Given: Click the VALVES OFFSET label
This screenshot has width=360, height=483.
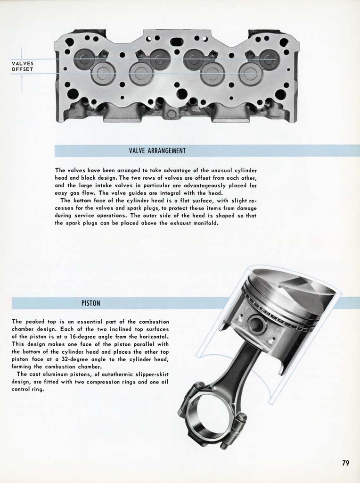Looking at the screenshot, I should coord(23,67).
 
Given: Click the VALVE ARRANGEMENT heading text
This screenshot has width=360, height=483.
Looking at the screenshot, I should coord(157,151).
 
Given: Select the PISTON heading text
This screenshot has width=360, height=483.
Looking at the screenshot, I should coord(90,303).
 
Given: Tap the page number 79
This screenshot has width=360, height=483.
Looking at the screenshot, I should coord(345,463).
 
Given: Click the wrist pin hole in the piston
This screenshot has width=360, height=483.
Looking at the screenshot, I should coord(257,324).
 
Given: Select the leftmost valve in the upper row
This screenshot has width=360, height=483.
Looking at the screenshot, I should coord(84,59).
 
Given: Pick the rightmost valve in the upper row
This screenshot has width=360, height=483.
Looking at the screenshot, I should coord(269,59).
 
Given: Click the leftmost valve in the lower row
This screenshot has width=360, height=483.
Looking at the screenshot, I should coord(103,73).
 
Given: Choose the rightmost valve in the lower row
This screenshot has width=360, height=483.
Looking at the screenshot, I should coord(250,73).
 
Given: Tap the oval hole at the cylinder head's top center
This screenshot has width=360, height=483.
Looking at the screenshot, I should coord(177,42).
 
